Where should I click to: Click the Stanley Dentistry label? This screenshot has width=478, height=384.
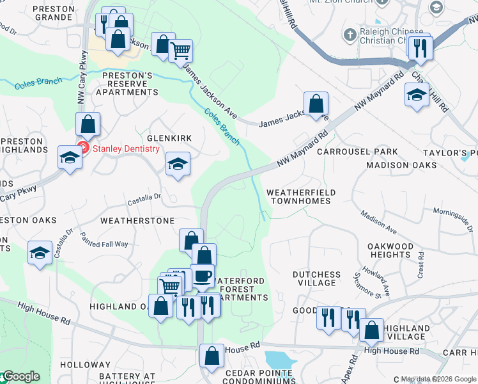pos(126,149)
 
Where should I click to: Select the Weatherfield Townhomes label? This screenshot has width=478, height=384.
pos(298,196)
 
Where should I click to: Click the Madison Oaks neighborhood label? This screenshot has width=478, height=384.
pos(401,165)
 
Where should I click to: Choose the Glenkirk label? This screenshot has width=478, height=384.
pos(169,138)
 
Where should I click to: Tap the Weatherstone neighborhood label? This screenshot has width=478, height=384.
pos(137,220)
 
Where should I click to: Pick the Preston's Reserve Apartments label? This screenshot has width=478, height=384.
pos(127,83)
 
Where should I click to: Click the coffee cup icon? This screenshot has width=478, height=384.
pos(203,275)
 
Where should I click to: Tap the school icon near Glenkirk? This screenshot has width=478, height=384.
pos(178,163)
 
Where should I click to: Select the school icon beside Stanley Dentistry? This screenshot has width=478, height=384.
pos(70,157)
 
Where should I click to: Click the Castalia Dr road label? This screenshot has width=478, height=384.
pos(149,199)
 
